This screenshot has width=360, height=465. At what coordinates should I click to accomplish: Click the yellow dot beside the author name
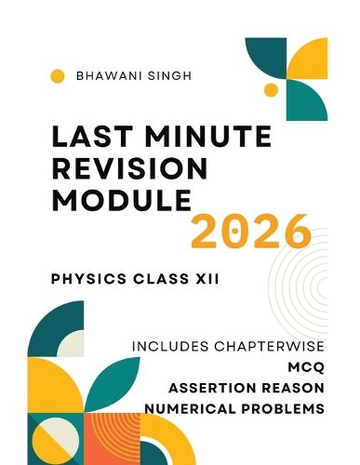[x=57, y=77]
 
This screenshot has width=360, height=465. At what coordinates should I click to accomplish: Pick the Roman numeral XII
[x=206, y=280]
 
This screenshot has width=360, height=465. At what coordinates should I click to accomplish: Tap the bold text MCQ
[x=308, y=367]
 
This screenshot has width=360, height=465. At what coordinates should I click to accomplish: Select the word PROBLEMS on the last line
[x=287, y=408]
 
